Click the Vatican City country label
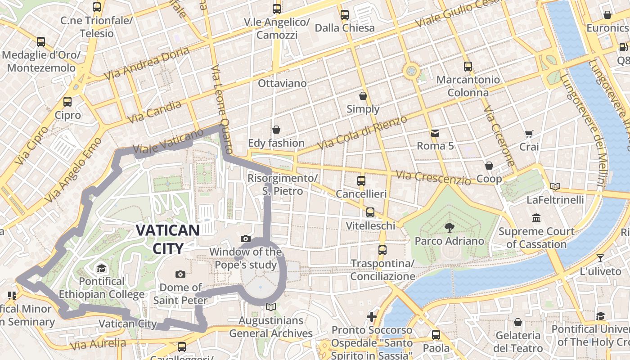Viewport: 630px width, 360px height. point(167,239)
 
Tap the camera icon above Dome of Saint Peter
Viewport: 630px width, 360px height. point(180,274)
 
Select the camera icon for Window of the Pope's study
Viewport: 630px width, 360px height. point(245,238)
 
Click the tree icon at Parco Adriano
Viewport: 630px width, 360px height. point(449,227)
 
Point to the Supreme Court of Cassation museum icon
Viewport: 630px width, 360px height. point(536,218)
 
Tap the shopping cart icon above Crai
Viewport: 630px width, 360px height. point(529,134)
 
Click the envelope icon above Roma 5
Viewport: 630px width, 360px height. point(435,133)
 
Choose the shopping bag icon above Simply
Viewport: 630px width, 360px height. point(363,96)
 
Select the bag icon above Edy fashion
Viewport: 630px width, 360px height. point(276,130)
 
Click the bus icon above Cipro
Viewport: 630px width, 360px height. point(67,102)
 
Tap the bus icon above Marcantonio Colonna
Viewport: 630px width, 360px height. point(468,67)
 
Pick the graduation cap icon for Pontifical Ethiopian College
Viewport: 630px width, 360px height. point(101,269)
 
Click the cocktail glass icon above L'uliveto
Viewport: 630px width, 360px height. point(600,258)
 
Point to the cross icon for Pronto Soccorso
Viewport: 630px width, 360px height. point(372,317)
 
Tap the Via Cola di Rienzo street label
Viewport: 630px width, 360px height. point(362,133)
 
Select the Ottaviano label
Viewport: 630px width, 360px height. point(282,83)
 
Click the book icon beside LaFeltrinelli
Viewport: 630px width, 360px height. point(555,186)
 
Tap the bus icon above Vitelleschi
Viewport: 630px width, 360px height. point(370,212)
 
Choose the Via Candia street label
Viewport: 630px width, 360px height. point(154,112)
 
